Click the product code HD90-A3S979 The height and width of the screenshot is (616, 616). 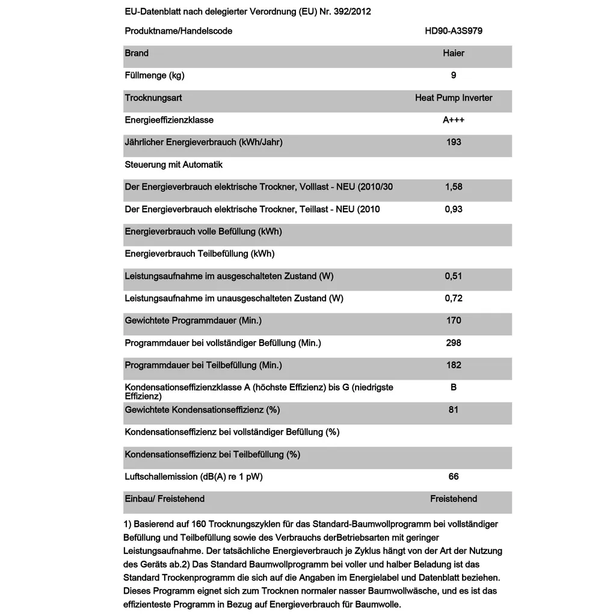pyautogui.click(x=454, y=31)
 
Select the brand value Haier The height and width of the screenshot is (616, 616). pyautogui.click(x=454, y=53)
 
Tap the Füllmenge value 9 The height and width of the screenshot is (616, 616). pyautogui.click(x=454, y=75)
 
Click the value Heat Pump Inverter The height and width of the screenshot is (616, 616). pyautogui.click(x=454, y=97)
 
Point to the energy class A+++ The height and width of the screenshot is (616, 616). pyautogui.click(x=454, y=120)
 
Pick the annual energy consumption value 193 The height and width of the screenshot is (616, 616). pyautogui.click(x=454, y=142)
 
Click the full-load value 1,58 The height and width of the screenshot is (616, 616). pyautogui.click(x=454, y=186)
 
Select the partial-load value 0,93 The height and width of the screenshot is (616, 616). pyautogui.click(x=454, y=209)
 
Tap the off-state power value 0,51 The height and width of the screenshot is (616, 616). pyautogui.click(x=454, y=276)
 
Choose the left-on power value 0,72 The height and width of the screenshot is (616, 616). pyautogui.click(x=454, y=298)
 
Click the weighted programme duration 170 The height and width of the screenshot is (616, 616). pyautogui.click(x=454, y=321)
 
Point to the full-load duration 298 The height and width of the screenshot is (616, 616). pyautogui.click(x=454, y=343)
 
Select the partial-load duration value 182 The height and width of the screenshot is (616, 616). pyautogui.click(x=454, y=365)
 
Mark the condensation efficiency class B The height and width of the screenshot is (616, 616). pyautogui.click(x=454, y=387)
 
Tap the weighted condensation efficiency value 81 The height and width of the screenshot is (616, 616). pyautogui.click(x=454, y=410)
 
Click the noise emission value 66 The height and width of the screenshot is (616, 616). pyautogui.click(x=454, y=476)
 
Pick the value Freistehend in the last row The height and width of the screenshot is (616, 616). pyautogui.click(x=454, y=499)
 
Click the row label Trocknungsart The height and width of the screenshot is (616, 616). pyautogui.click(x=153, y=97)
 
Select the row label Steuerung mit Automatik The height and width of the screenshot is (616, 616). pyautogui.click(x=174, y=164)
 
